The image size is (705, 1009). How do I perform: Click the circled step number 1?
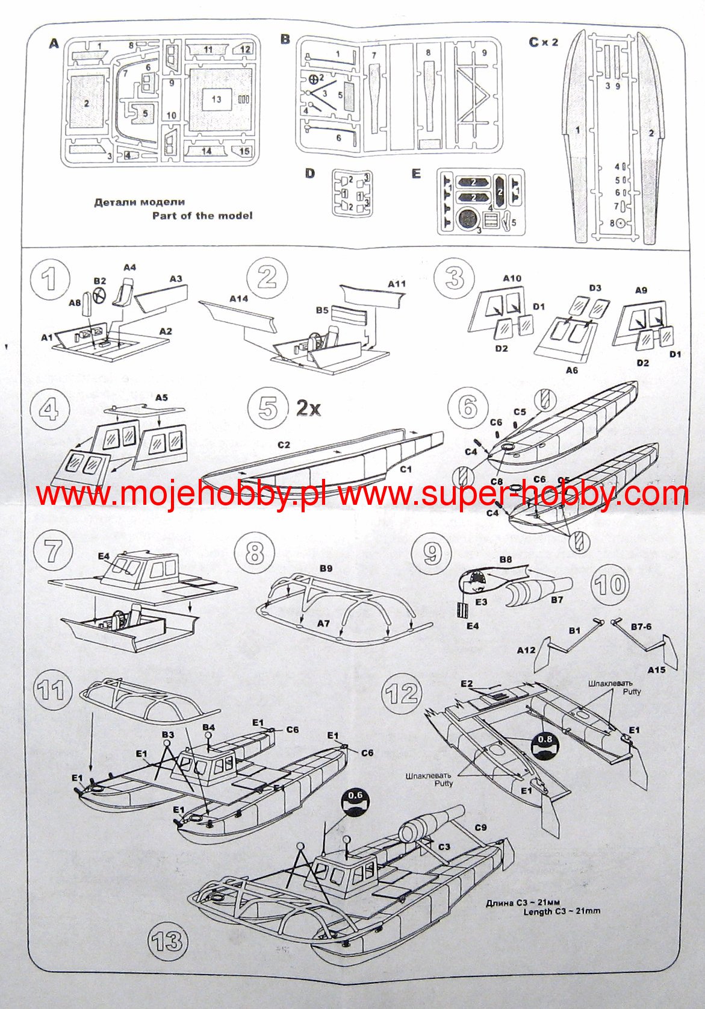click(49, 278)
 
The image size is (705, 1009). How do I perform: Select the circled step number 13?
click(167, 941)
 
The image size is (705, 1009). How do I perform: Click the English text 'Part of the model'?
click(202, 216)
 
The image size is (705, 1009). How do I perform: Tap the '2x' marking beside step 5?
click(308, 408)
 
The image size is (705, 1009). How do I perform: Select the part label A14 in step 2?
click(239, 298)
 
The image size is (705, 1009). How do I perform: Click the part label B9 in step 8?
click(326, 567)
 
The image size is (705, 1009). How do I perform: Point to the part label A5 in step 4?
click(161, 398)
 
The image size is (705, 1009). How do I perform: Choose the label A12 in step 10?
click(526, 650)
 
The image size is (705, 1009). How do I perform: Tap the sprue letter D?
click(309, 173)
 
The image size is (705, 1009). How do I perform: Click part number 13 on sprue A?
click(216, 99)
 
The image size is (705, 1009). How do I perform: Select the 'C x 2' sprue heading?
click(543, 42)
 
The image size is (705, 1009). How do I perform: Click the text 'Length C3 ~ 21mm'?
click(562, 911)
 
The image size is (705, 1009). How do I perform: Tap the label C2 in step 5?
click(284, 445)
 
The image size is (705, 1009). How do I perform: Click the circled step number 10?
click(610, 584)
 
